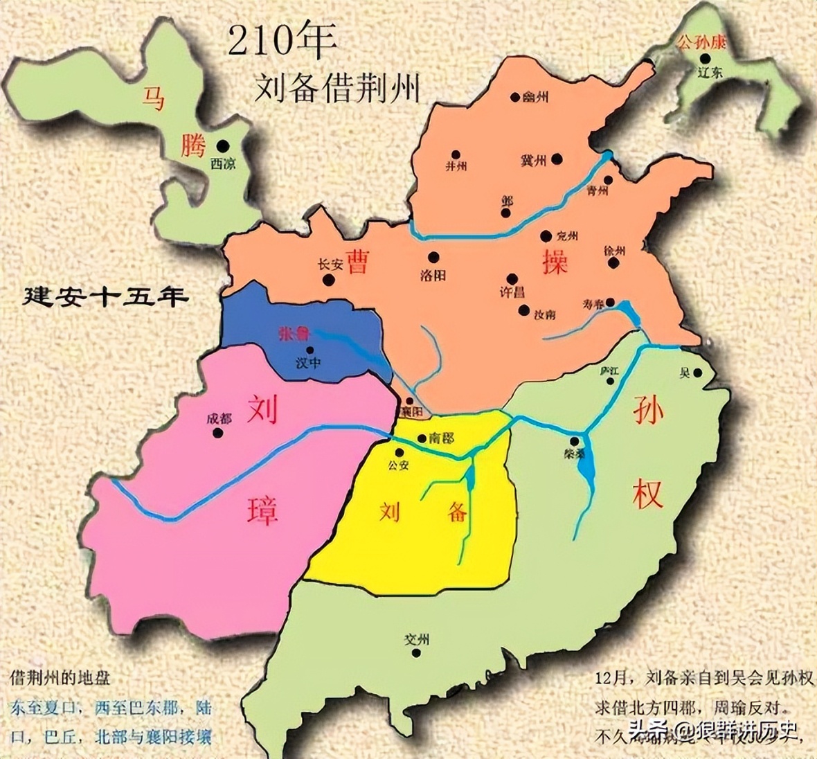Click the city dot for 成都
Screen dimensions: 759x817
click(x=218, y=433)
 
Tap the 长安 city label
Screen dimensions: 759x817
click(x=330, y=264)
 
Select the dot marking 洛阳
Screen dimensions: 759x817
click(x=433, y=257)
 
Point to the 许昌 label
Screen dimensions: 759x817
click(x=512, y=293)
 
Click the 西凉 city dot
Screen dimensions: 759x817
click(x=223, y=145)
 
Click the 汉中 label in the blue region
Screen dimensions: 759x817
click(x=308, y=364)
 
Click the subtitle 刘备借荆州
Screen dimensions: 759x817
click(x=337, y=89)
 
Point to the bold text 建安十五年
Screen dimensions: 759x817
click(x=106, y=297)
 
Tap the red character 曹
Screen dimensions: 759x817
click(x=357, y=261)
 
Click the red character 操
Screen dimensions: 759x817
click(x=555, y=261)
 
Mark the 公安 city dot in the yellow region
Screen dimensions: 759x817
click(x=399, y=453)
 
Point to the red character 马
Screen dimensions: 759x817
click(x=153, y=98)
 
